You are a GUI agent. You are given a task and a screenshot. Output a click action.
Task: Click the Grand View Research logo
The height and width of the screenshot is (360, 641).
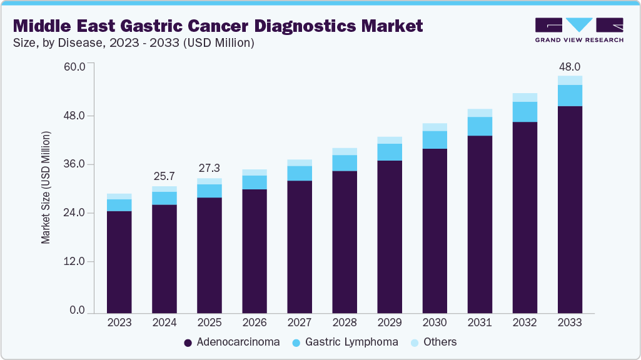[x=579, y=29]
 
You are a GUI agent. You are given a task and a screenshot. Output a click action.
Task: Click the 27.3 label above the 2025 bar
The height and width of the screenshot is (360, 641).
[x=209, y=169]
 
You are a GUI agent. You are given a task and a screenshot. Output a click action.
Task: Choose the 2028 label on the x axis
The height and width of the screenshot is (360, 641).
[x=345, y=323]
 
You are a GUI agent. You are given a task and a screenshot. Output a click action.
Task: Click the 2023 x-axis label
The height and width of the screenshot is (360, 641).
[x=119, y=323]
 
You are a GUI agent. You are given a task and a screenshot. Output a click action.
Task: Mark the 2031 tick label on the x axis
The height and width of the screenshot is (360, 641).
[x=480, y=323]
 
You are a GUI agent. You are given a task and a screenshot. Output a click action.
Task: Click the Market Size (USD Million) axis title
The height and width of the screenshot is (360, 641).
[x=46, y=187]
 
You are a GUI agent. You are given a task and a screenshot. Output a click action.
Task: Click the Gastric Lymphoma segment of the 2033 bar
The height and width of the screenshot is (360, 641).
[x=570, y=96]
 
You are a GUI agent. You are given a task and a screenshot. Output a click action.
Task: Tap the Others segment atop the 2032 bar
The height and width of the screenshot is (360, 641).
[x=525, y=97]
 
